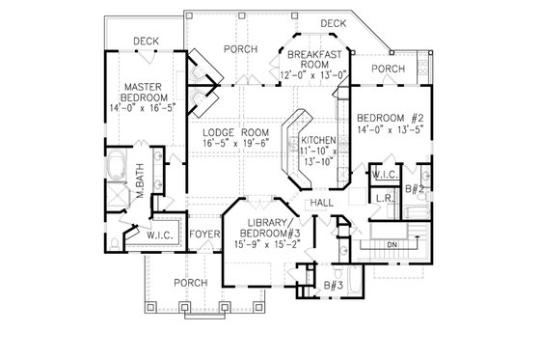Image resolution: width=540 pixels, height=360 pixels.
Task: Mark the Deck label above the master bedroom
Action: tap(146, 42)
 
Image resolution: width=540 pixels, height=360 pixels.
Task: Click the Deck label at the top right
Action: tap(333, 23)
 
